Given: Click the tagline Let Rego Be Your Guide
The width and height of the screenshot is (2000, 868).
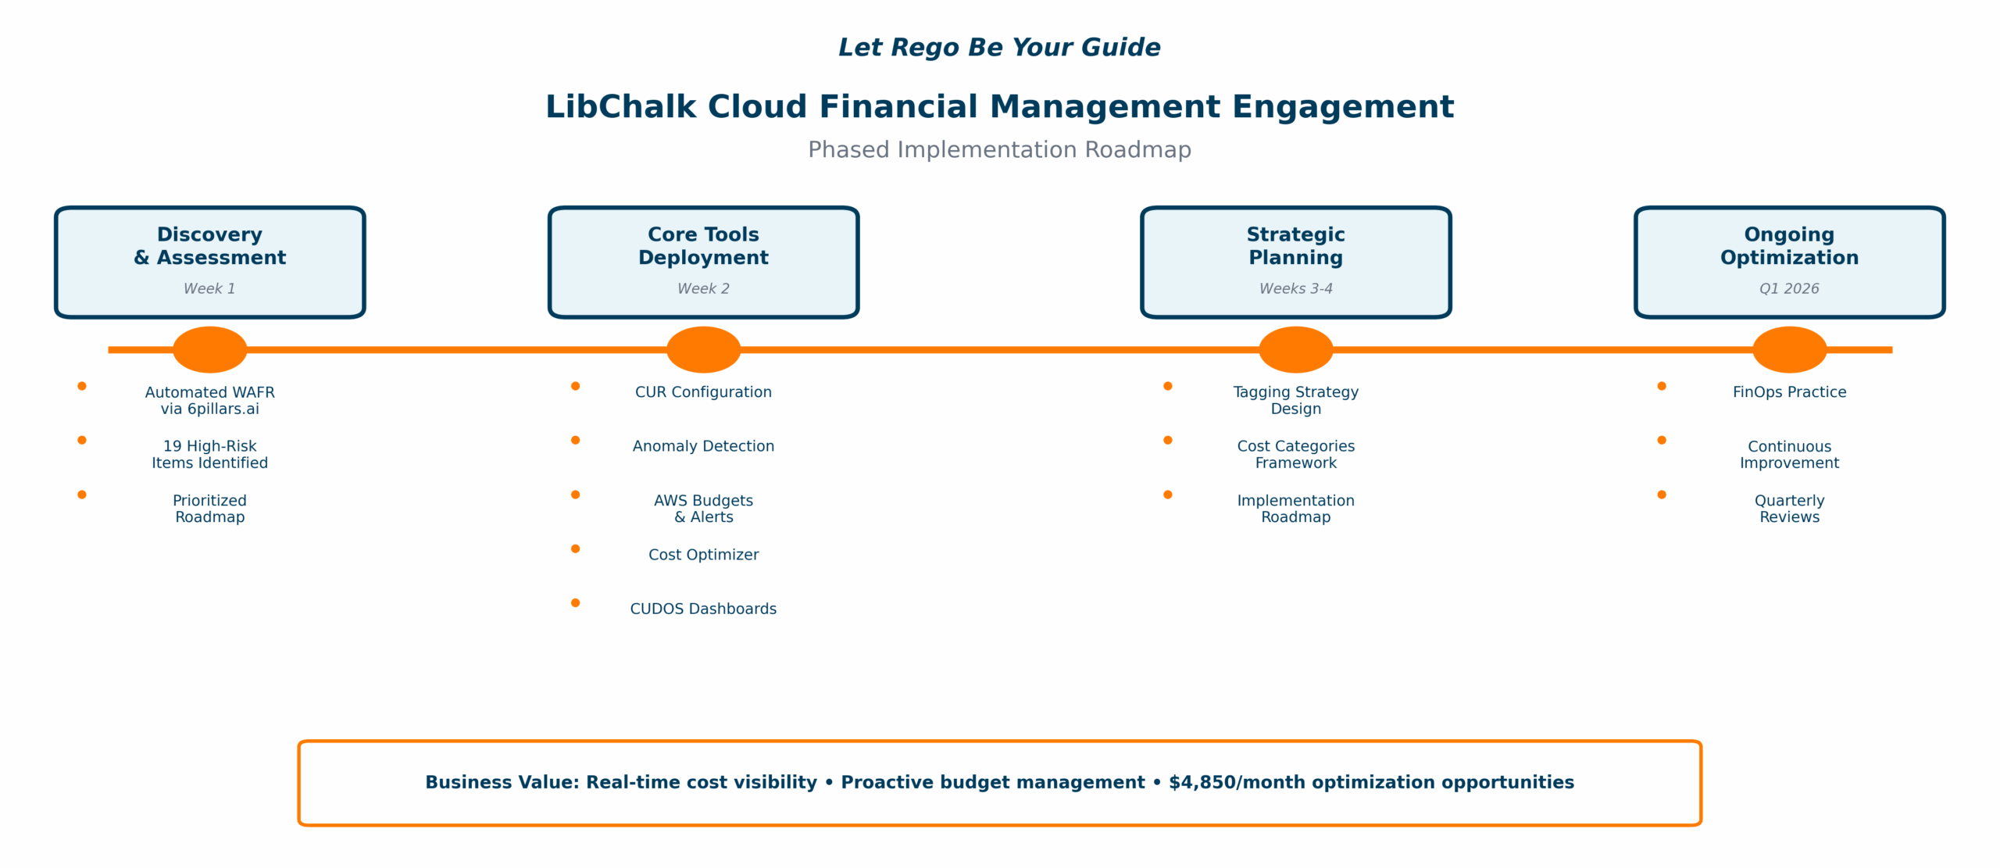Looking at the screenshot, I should click(x=999, y=47).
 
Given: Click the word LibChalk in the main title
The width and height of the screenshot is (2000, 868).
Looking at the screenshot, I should click(x=620, y=106).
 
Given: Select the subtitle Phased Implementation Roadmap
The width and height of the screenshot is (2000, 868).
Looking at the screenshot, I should click(x=999, y=149).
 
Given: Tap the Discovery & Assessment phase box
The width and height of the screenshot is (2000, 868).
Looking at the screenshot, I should click(x=209, y=262).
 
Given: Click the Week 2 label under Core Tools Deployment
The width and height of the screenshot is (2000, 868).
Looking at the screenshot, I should click(x=703, y=288).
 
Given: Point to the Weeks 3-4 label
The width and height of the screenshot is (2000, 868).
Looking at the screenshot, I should click(x=1295, y=288).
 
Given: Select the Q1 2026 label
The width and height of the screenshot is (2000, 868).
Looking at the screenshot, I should click(x=1789, y=288).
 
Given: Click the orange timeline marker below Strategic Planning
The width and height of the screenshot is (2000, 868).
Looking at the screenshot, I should click(x=1295, y=349).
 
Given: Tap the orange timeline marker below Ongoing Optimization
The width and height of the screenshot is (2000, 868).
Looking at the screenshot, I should click(x=1789, y=349).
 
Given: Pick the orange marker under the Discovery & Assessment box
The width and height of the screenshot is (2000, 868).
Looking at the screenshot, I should click(x=209, y=349).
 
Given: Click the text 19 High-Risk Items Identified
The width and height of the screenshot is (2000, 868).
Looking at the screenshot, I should click(x=209, y=454).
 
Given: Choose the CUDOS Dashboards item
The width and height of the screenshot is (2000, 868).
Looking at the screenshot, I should click(x=703, y=609).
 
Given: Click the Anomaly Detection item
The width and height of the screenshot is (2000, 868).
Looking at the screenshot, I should click(x=703, y=446).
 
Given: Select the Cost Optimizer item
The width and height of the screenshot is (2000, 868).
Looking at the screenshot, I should click(x=703, y=555).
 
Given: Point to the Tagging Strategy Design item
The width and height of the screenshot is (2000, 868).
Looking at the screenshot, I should click(x=1295, y=400).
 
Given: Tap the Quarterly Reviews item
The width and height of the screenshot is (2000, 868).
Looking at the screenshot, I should click(x=1789, y=509).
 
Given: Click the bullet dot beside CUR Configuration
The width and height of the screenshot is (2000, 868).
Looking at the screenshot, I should click(x=575, y=386).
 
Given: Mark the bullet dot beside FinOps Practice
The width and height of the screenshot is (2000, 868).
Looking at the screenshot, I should click(x=1662, y=386).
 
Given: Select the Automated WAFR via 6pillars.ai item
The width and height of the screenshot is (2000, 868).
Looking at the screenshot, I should click(x=209, y=400).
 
